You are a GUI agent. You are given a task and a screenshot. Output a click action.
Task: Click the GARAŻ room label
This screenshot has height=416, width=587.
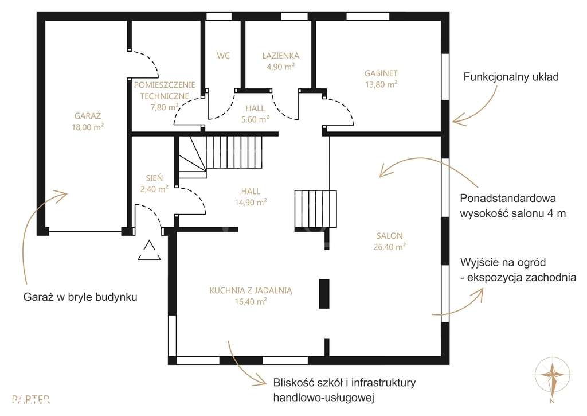(88, 116)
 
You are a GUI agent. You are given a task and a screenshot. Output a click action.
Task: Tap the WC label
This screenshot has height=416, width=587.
(223, 56)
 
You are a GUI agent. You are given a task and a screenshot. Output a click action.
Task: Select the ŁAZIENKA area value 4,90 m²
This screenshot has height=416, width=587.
(280, 67)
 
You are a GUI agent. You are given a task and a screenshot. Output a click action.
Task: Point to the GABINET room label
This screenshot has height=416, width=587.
(381, 73)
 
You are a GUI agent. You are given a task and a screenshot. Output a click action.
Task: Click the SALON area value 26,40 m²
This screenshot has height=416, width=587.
(390, 247)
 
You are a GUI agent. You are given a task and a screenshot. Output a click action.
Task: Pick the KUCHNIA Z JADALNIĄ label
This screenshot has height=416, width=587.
(251, 290)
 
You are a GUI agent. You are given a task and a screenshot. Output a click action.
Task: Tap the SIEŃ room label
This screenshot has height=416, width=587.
(154, 178)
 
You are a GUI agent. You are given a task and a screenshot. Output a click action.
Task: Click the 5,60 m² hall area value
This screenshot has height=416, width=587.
(255, 119)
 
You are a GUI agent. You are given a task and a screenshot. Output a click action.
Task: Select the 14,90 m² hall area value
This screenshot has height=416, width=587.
(251, 203)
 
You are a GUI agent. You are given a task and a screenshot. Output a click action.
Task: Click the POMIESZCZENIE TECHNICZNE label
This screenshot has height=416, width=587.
(165, 90)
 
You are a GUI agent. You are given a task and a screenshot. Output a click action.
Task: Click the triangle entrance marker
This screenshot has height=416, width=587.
(150, 250)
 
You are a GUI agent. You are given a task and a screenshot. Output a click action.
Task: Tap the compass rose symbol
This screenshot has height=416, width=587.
(552, 375)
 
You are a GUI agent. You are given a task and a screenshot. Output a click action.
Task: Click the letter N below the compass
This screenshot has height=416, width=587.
(552, 402)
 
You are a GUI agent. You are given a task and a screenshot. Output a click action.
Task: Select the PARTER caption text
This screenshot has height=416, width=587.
(31, 399)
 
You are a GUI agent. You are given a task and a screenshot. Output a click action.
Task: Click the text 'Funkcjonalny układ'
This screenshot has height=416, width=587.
(511, 77)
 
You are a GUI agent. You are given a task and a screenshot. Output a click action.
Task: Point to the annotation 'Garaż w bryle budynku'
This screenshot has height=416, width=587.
(80, 297)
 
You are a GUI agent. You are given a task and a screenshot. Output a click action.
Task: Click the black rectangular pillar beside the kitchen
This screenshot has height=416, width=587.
(324, 293)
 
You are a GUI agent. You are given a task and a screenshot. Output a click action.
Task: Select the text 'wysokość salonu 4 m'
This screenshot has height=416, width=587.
(512, 213)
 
